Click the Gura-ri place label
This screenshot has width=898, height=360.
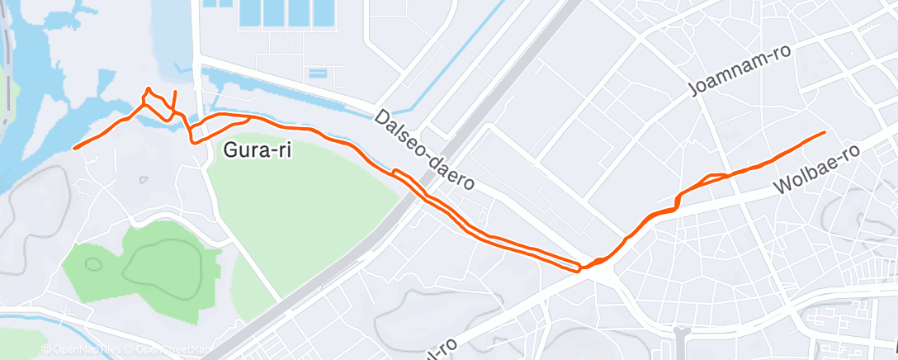258,150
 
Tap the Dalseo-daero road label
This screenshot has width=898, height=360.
423,149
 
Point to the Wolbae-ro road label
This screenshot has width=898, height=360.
819,172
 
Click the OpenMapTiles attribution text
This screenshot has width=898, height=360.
87,349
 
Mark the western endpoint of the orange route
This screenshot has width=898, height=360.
74,148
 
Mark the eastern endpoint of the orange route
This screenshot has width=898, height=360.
824,132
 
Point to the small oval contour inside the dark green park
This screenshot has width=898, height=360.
92,264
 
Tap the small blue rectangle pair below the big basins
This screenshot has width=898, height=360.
318,73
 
